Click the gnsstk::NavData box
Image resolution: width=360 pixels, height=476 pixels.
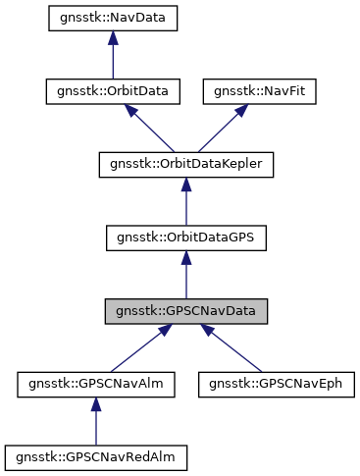click(114, 19)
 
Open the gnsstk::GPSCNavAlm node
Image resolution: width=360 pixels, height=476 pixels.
click(95, 384)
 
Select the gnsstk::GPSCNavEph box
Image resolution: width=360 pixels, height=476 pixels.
click(270, 384)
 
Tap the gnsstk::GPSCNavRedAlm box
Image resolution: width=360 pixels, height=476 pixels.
click(95, 456)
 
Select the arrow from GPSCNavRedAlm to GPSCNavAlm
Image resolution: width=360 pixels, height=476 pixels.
click(95, 422)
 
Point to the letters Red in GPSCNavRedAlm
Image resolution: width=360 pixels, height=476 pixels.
click(141, 456)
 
